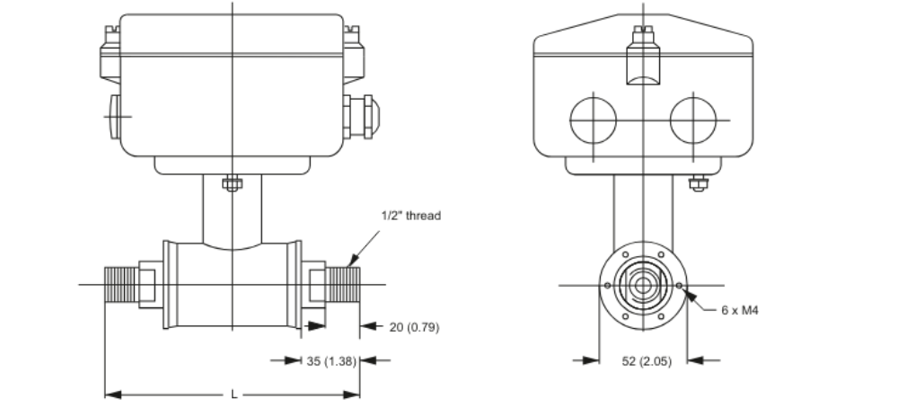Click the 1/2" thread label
coord(412,216)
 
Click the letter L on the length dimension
coord(233,394)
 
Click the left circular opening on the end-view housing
coord(594,119)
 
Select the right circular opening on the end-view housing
coord(693,119)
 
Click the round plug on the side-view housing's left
coord(112,115)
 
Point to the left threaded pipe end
coord(119,285)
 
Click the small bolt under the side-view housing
coord(233,185)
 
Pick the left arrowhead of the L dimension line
coord(110,394)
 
